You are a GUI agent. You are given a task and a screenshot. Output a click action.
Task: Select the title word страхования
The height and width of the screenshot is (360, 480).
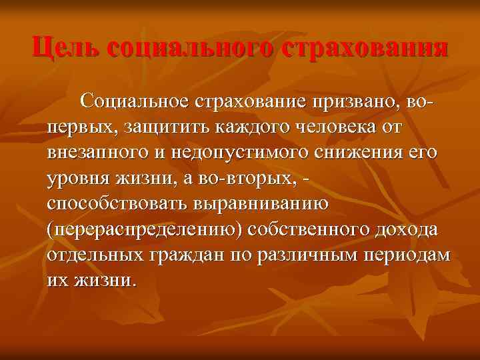pyautogui.click(x=365, y=49)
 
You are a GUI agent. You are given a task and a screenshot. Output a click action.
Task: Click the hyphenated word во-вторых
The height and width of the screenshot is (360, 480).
pyautogui.click(x=251, y=177)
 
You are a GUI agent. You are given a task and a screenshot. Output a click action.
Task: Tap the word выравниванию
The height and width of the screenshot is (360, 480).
pyautogui.click(x=269, y=203)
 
